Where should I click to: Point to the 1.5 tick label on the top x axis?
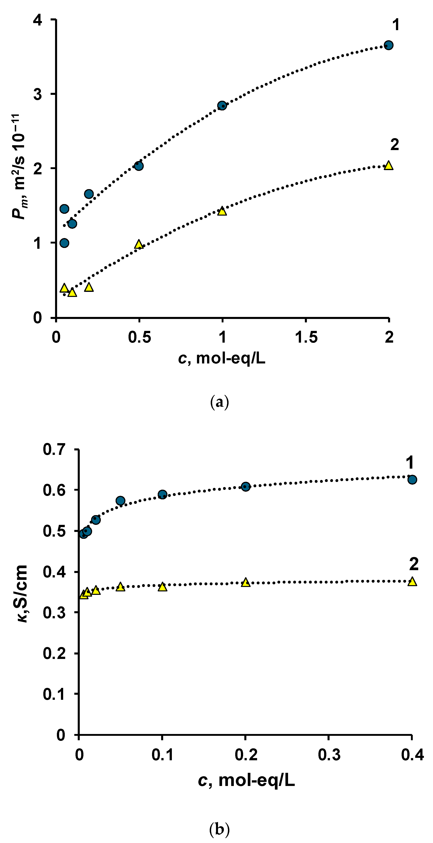[306, 337]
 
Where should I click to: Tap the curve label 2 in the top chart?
[395, 145]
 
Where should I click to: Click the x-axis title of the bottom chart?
[246, 781]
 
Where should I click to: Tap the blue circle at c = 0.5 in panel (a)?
[139, 166]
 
